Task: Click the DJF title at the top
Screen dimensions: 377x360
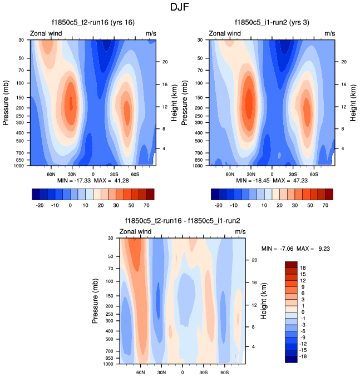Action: click(x=180, y=8)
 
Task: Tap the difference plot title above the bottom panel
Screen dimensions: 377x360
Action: click(x=183, y=221)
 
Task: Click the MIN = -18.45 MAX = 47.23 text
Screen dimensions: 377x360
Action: click(x=272, y=181)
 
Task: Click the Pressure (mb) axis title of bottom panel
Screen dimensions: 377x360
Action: click(x=96, y=302)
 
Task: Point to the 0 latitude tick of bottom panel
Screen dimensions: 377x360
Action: click(x=183, y=372)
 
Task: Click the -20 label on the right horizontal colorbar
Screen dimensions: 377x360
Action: click(x=218, y=205)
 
